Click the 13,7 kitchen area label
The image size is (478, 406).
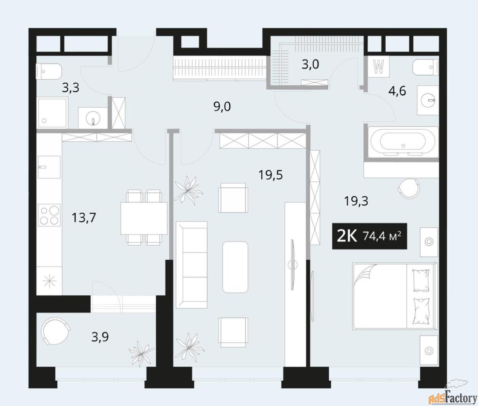coord(84,218)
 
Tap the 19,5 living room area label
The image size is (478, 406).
coord(270,175)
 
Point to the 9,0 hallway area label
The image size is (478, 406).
coord(222,107)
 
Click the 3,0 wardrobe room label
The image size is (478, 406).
coord(310,64)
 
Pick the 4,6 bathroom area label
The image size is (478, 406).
coord(397,91)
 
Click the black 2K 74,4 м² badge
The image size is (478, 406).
coord(369,236)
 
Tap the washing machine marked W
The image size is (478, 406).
coord(379,67)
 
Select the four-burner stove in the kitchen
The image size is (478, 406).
coord(49,215)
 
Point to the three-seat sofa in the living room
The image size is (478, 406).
coord(192,264)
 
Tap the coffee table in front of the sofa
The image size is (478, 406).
coord(235,267)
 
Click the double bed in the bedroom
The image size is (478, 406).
coord(395,296)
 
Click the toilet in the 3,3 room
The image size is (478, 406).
coord(49,71)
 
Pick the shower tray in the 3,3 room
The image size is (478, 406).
coord(52,113)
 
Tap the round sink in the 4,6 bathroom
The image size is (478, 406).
coord(428,100)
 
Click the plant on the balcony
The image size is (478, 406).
coord(141,353)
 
